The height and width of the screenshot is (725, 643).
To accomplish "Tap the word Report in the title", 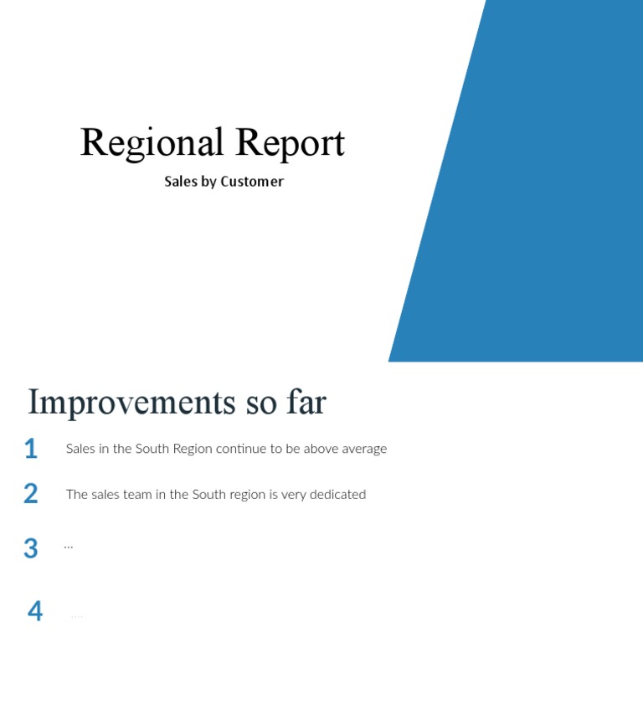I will [x=290, y=143].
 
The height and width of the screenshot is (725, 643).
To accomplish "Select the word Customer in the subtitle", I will [x=252, y=182].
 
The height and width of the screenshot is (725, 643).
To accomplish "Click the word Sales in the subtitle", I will [x=181, y=182].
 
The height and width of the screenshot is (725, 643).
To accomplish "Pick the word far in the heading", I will [x=306, y=403].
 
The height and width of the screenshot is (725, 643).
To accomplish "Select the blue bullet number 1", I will [x=31, y=450].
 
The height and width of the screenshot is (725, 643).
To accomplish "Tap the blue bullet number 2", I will [x=31, y=494].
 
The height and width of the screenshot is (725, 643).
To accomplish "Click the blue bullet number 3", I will [x=31, y=549].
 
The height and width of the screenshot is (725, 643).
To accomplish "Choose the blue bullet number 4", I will [x=35, y=611].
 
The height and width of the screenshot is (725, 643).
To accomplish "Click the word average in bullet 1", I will [x=364, y=449].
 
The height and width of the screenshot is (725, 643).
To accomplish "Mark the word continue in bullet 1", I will [x=240, y=449].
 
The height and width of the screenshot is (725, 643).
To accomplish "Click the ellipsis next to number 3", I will [x=69, y=546].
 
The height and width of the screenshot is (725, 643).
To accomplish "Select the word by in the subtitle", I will [x=208, y=182].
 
